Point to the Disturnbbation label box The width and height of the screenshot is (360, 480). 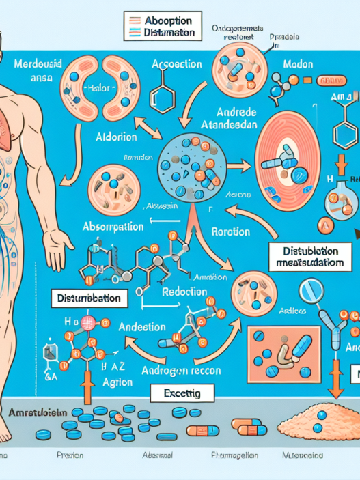[x=90, y=298]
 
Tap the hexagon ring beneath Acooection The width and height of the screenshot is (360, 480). [x=161, y=89]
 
